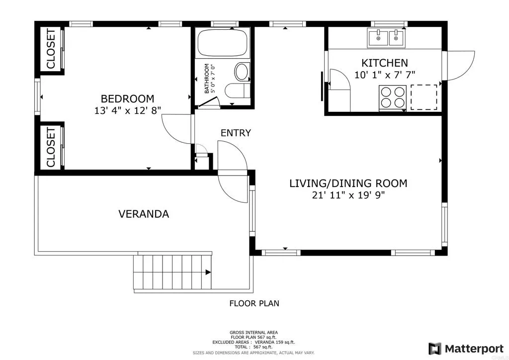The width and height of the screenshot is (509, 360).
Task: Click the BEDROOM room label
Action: (x=127, y=98)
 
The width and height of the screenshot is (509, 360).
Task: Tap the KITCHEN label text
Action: (x=384, y=63)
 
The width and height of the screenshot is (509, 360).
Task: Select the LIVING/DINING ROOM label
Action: (x=348, y=183)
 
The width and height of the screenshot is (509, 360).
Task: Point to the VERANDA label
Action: (x=144, y=214)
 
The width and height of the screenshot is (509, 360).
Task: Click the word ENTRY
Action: (x=236, y=133)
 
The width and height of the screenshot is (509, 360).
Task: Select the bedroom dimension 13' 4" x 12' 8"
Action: (x=127, y=111)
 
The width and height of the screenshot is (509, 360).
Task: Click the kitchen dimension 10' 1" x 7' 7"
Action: (x=384, y=75)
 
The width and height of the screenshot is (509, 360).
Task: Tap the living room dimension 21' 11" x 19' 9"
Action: (x=348, y=195)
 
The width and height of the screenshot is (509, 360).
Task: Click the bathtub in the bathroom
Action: (x=222, y=43)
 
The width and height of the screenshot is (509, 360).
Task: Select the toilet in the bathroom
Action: (x=237, y=90)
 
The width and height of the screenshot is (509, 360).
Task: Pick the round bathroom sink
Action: (x=242, y=72)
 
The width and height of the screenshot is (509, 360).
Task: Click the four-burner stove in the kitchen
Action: (x=393, y=97)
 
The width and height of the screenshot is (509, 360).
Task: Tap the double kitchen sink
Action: (x=386, y=38)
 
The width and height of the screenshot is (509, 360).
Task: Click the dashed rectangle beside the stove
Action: (x=424, y=97)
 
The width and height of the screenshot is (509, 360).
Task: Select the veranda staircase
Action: (x=172, y=271)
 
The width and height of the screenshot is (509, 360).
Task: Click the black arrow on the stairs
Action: (x=208, y=272)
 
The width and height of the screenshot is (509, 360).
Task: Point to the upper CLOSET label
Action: (x=51, y=49)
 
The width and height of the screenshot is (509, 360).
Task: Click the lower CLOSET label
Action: (x=51, y=147)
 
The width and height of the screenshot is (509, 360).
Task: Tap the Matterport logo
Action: (x=466, y=348)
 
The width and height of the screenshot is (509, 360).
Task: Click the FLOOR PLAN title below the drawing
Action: (x=254, y=303)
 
